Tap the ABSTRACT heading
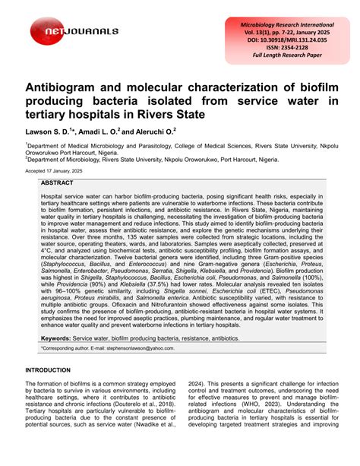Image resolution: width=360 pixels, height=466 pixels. [57, 184]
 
